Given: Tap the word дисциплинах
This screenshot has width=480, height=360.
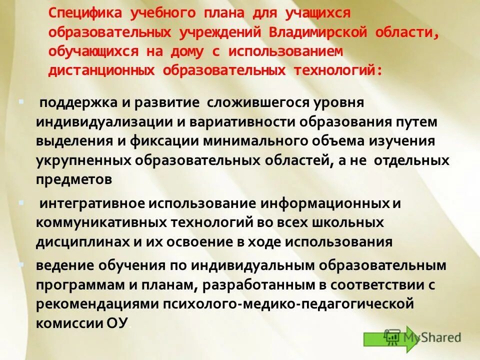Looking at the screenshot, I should pos(82,242).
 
